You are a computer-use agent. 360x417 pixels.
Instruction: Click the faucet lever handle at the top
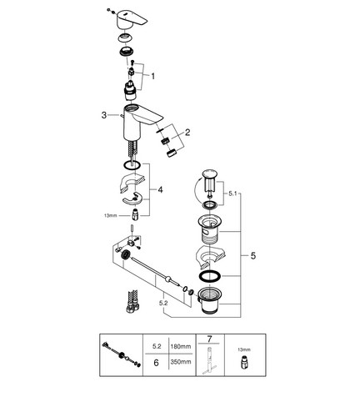(132, 19)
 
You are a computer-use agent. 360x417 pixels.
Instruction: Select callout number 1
(152, 76)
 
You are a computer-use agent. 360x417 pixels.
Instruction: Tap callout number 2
(187, 133)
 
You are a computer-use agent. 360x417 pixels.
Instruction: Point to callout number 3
(104, 115)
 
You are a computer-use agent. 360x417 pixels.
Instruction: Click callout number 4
(160, 190)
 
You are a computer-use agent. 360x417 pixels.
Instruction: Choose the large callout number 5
(253, 256)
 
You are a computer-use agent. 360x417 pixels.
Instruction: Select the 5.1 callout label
(232, 193)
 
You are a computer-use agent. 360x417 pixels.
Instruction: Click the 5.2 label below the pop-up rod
(163, 304)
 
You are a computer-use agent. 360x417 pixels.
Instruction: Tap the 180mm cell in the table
(181, 346)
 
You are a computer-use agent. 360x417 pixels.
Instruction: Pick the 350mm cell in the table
(181, 362)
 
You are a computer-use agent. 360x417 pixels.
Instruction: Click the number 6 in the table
(156, 363)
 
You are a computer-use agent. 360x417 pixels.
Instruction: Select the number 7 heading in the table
(209, 339)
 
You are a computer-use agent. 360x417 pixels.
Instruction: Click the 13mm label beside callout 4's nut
(111, 215)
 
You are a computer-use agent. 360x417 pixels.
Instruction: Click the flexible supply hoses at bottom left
(132, 302)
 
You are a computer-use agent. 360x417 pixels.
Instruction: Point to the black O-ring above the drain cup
(210, 276)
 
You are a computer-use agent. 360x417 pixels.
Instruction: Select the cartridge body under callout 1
(130, 91)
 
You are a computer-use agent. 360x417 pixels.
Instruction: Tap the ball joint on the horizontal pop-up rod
(167, 279)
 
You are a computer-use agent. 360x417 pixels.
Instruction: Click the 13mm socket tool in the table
(244, 362)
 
